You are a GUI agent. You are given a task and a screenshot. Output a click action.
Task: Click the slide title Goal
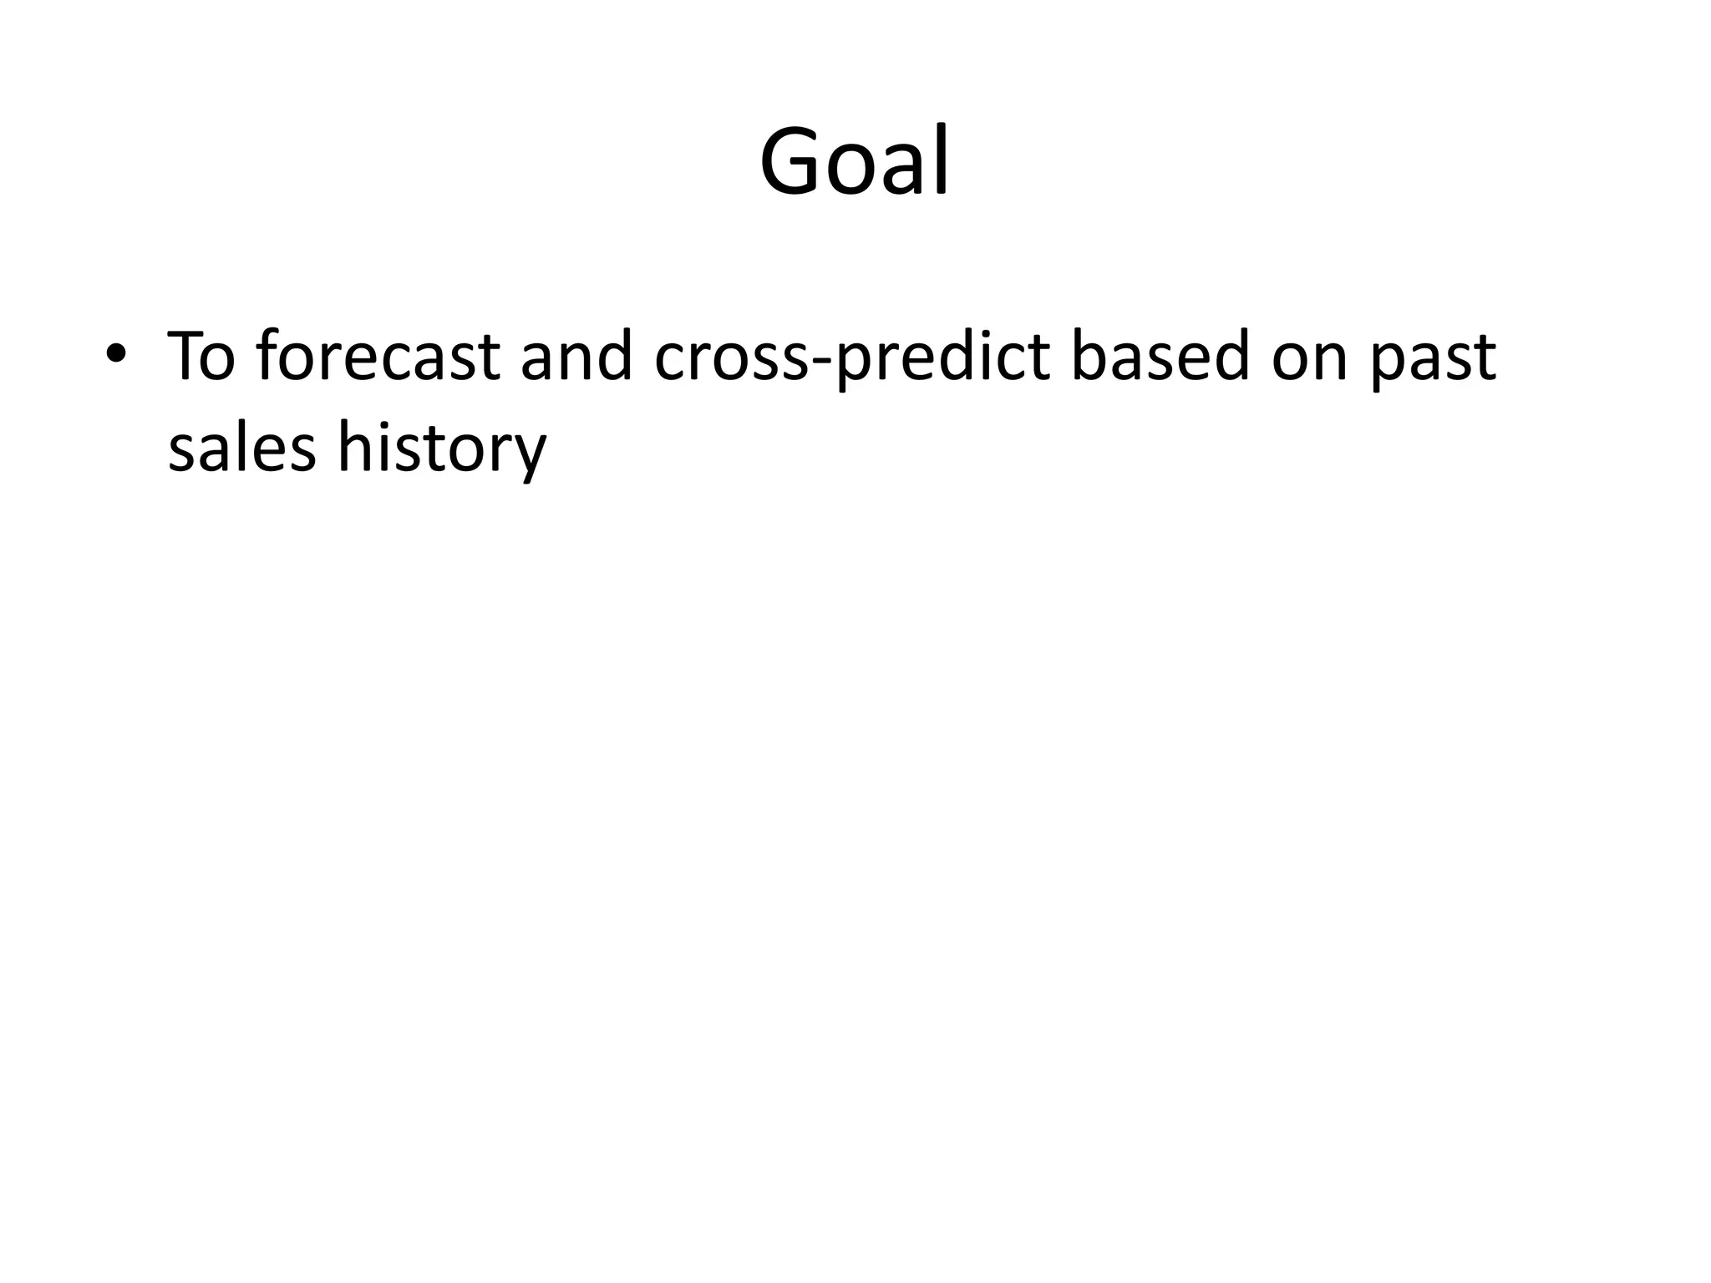point(855,160)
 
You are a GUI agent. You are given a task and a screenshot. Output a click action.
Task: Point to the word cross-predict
point(851,358)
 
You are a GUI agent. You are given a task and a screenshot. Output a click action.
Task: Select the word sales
point(241,448)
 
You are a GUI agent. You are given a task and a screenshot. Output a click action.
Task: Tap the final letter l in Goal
point(942,159)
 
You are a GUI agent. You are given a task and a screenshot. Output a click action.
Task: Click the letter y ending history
point(529,455)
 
